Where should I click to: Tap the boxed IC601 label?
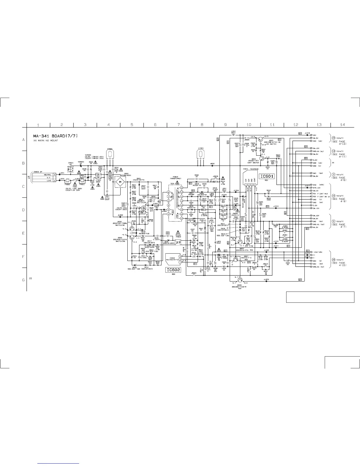pyautogui.click(x=267, y=177)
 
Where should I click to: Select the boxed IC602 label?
pyautogui.click(x=173, y=270)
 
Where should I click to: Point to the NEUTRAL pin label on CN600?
pyautogui.click(x=47, y=175)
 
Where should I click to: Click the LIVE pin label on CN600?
pyautogui.click(x=49, y=181)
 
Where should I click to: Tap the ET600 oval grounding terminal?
pyautogui.click(x=110, y=154)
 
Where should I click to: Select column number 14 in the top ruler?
pyautogui.click(x=342, y=125)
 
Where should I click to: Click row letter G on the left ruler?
pyautogui.click(x=24, y=280)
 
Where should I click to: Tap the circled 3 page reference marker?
pyautogui.click(x=334, y=174)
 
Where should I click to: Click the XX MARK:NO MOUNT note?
pyautogui.click(x=46, y=141)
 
